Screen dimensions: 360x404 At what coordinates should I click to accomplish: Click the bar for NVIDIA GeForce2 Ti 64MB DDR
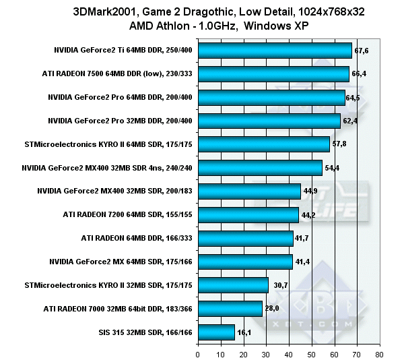click(x=275, y=51)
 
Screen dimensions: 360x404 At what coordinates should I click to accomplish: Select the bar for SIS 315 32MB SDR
click(x=216, y=332)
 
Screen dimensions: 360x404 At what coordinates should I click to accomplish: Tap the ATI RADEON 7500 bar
click(x=273, y=74)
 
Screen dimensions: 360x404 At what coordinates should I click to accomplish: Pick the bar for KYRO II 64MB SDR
click(x=264, y=144)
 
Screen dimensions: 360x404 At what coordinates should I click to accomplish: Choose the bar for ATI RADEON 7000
click(x=230, y=309)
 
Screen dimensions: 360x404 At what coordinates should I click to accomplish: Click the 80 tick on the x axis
click(x=380, y=353)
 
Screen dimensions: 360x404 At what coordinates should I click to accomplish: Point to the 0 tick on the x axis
click(x=198, y=353)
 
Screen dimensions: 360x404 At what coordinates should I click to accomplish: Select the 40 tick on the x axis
click(x=289, y=353)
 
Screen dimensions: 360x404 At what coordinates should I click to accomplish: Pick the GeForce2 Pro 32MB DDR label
click(x=120, y=121)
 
